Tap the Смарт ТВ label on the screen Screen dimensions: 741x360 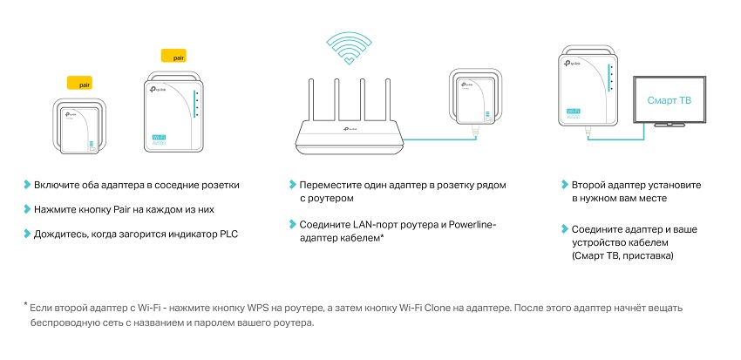click(x=669, y=100)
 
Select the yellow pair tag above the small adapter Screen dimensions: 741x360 click(x=80, y=83)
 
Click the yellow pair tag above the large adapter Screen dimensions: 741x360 click(x=173, y=55)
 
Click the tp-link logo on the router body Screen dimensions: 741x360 click(x=350, y=129)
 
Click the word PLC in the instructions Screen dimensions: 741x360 click(x=228, y=234)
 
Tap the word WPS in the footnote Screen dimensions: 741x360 click(x=257, y=309)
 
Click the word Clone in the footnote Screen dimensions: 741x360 click(x=437, y=309)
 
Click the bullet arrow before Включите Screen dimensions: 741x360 click(x=27, y=184)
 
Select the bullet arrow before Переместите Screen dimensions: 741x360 click(x=293, y=184)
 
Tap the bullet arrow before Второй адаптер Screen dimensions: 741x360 click(x=565, y=184)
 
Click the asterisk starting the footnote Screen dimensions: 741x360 click(x=25, y=305)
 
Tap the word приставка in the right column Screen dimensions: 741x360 click(x=649, y=255)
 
